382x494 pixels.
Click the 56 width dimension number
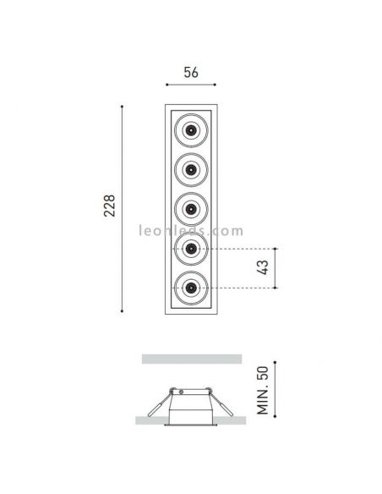pos(191,72)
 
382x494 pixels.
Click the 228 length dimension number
pos(109,207)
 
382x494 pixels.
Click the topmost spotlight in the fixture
pos(192,130)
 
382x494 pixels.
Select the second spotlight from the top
pos(192,169)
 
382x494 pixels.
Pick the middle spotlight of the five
pos(192,208)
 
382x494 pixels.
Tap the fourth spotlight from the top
pos(192,249)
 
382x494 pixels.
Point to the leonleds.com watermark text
pos(191,230)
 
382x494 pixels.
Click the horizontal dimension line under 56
pos(191,85)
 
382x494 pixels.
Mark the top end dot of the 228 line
pos(123,106)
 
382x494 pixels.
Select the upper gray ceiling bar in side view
pos(191,359)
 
